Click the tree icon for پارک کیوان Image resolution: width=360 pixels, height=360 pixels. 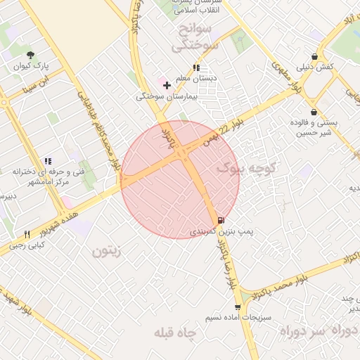(x=30, y=55)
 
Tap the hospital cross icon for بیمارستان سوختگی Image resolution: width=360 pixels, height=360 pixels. (x=167, y=86)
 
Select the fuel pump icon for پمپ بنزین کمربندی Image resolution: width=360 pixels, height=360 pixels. (x=222, y=220)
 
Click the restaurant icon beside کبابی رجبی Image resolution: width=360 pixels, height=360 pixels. (x=27, y=234)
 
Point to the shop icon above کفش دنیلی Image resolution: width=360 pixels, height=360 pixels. (x=314, y=56)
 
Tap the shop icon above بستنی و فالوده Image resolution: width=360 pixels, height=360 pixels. (x=313, y=112)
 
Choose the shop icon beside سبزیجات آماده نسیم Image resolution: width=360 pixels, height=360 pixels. (x=238, y=307)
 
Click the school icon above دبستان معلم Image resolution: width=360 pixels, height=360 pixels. (x=195, y=67)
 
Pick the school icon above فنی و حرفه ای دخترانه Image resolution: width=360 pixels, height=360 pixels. (x=48, y=161)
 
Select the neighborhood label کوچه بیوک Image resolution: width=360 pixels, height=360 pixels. (x=247, y=168)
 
